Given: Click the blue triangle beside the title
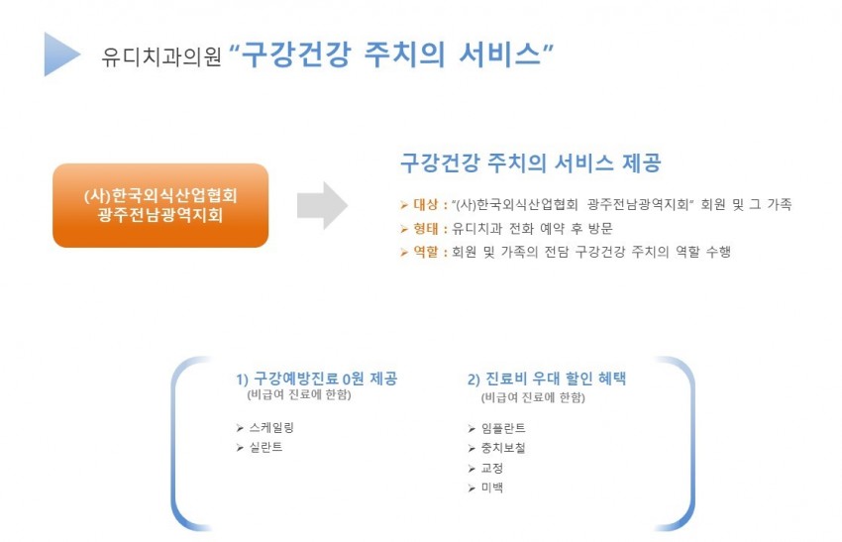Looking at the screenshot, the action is tap(59, 54).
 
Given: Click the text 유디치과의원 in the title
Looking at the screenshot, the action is tap(161, 55).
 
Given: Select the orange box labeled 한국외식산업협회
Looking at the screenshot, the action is tap(160, 205).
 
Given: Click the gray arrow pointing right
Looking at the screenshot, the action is tap(322, 206).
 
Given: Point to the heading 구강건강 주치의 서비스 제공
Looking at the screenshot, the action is tap(531, 163).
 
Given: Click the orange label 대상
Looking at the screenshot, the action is tap(426, 204).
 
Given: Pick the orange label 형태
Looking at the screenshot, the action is tap(426, 228).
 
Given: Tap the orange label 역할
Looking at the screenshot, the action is tap(426, 252).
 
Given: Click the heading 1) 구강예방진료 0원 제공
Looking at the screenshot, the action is tap(317, 379).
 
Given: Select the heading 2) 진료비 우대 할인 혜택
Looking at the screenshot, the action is tap(547, 379).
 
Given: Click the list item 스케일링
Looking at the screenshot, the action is tap(271, 428).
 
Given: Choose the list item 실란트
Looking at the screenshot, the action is tap(265, 447).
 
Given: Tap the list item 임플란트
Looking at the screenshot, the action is tap(503, 428).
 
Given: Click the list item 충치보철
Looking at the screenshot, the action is tap(503, 448).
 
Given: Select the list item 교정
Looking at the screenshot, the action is tap(492, 468).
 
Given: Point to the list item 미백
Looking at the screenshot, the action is tap(492, 488).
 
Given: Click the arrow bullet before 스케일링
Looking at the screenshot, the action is tap(240, 428).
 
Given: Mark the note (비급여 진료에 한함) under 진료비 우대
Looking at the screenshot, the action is tap(533, 397).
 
